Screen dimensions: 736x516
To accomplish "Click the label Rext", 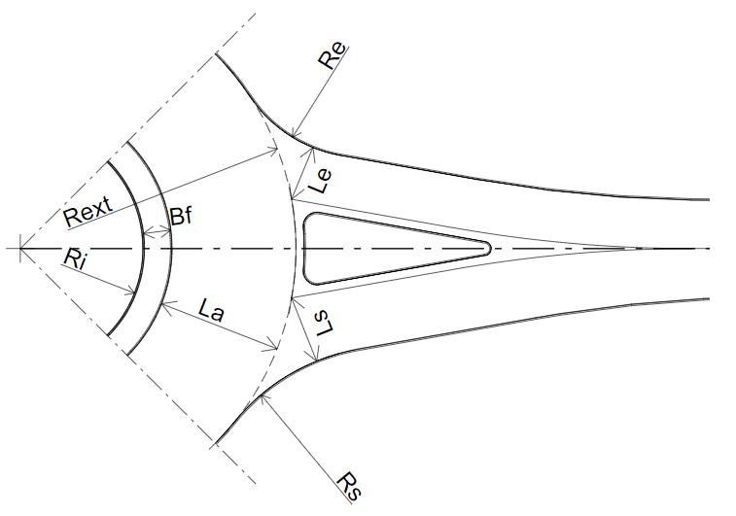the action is click(x=88, y=211).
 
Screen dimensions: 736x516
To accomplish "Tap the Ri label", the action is click(x=75, y=258).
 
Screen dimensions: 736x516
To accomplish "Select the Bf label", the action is click(x=181, y=217).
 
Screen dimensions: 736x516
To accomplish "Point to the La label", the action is click(x=211, y=310).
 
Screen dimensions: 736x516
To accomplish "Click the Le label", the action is click(x=320, y=181).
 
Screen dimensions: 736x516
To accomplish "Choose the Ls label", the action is click(x=324, y=324).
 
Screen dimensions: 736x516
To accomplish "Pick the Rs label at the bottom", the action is click(x=350, y=487).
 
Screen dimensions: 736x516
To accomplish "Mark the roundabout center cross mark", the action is click(x=20, y=248).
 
